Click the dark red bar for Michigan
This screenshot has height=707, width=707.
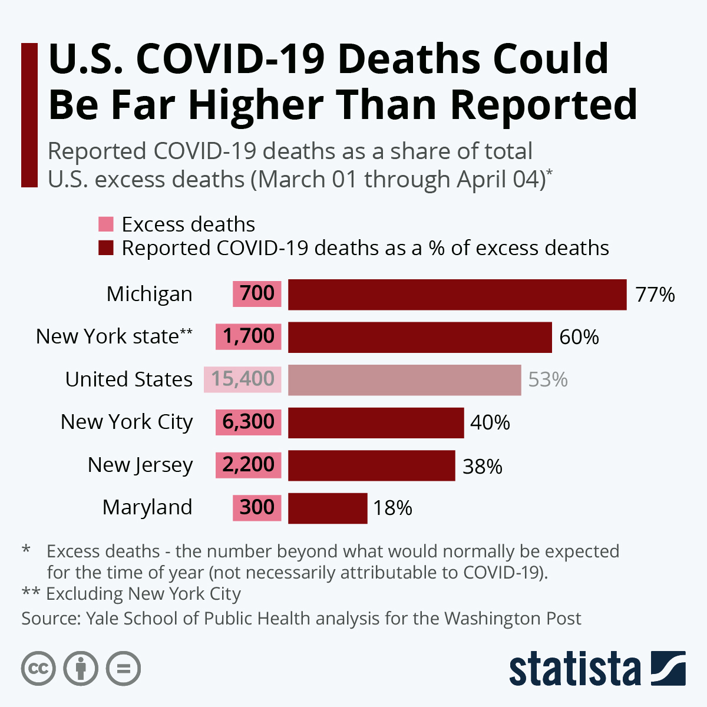457,295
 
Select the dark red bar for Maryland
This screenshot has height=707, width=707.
328,508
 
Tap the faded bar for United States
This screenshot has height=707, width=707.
404,380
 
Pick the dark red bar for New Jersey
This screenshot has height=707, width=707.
371,465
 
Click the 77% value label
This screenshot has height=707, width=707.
655,295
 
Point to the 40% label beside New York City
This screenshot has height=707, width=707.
490,422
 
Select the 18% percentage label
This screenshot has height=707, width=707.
392,508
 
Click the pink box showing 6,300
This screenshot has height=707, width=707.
248,422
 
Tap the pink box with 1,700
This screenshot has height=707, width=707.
248,336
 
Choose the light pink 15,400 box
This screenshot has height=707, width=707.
243,379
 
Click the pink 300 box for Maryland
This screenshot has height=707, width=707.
257,507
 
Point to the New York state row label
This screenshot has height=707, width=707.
114,336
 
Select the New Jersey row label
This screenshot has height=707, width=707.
140,465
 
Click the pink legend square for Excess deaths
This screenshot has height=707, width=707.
106,224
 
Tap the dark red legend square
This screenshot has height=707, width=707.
106,248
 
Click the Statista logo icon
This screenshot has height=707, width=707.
668,668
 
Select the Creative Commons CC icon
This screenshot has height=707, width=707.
38,669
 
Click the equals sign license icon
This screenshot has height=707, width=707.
123,669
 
